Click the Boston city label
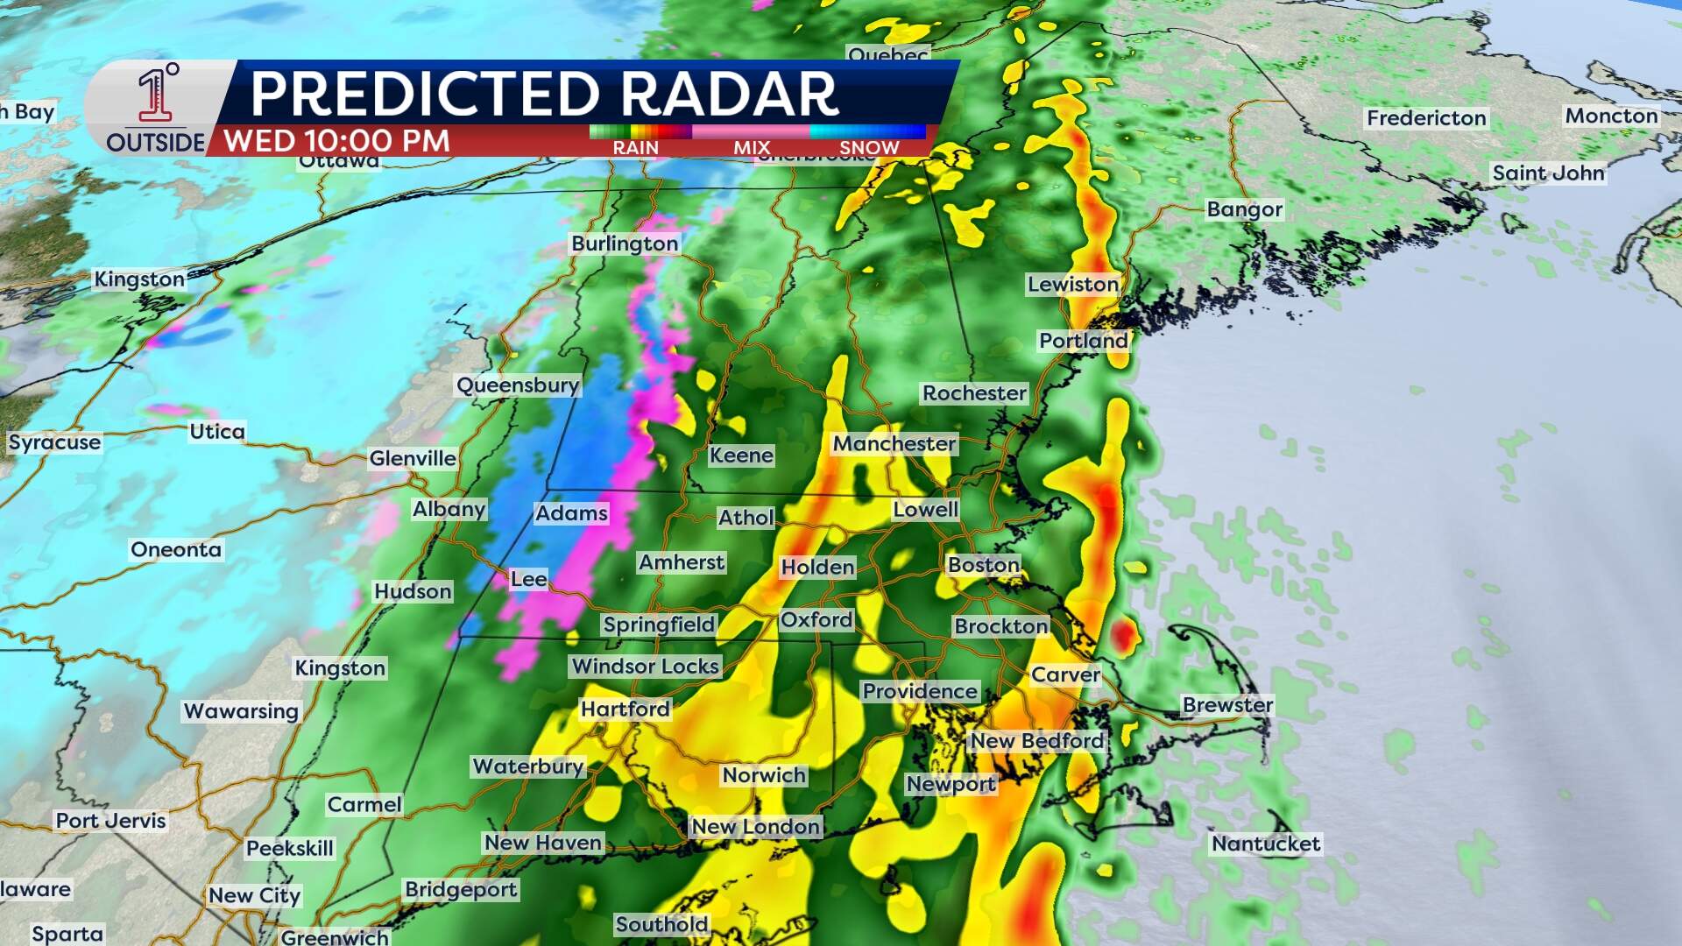984,565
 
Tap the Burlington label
625,244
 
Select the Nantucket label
1266,844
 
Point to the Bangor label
1244,209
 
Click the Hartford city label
625,709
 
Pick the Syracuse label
54,442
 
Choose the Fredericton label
1426,118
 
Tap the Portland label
1083,341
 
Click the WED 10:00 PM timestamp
336,141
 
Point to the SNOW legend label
869,148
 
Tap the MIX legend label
752,148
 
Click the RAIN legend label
635,148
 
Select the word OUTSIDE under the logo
155,142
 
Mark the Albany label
449,510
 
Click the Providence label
919,691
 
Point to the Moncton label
1611,116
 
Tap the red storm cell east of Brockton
1122,636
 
